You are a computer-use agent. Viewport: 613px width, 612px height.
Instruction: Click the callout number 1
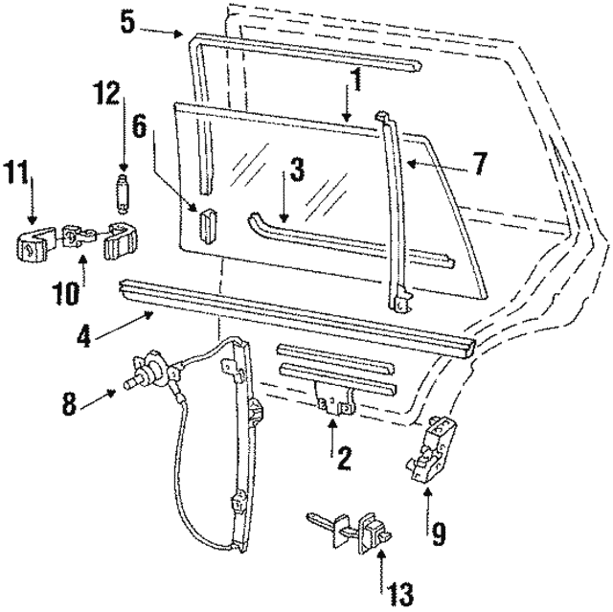coord(354,81)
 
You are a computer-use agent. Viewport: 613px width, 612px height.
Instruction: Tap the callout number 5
coord(127,21)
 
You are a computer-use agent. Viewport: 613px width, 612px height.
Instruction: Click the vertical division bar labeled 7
coord(395,211)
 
